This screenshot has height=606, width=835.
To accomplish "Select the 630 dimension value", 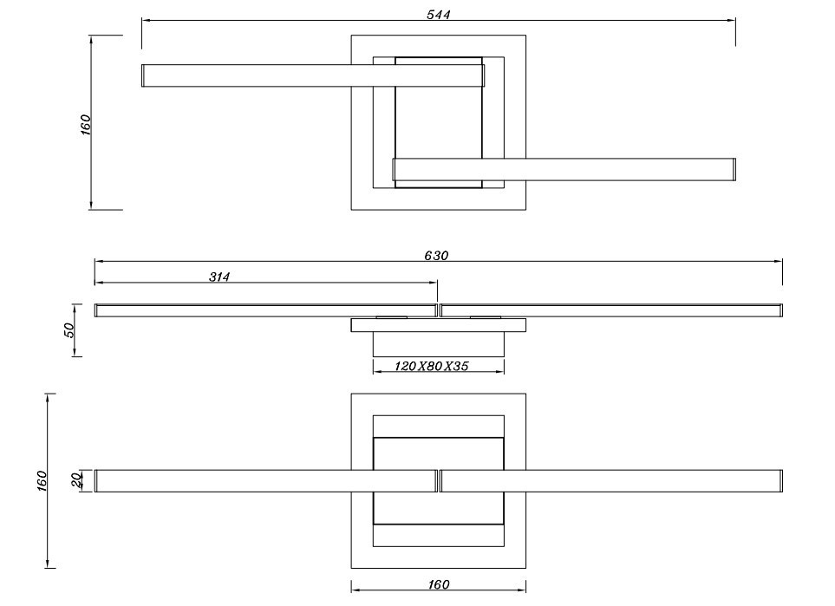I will (x=436, y=256).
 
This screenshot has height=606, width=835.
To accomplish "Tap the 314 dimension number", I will (x=219, y=277).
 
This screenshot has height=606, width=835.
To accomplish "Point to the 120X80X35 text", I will (x=432, y=367).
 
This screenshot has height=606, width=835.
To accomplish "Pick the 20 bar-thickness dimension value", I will (x=76, y=479).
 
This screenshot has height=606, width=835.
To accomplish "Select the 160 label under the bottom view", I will (x=438, y=585).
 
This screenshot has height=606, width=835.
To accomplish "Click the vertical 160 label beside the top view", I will (x=85, y=124).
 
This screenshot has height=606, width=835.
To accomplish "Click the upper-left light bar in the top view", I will (x=260, y=75).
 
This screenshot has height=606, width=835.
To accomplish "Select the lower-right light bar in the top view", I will (x=607, y=169).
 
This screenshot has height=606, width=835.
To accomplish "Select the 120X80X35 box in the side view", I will (x=438, y=344).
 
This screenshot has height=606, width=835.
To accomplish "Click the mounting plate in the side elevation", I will (x=438, y=325).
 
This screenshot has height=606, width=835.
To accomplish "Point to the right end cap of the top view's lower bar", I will (x=734, y=169).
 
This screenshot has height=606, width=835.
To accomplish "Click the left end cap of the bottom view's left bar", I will (x=96, y=481).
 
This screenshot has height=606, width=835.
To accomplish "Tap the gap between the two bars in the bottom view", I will (x=438, y=481).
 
